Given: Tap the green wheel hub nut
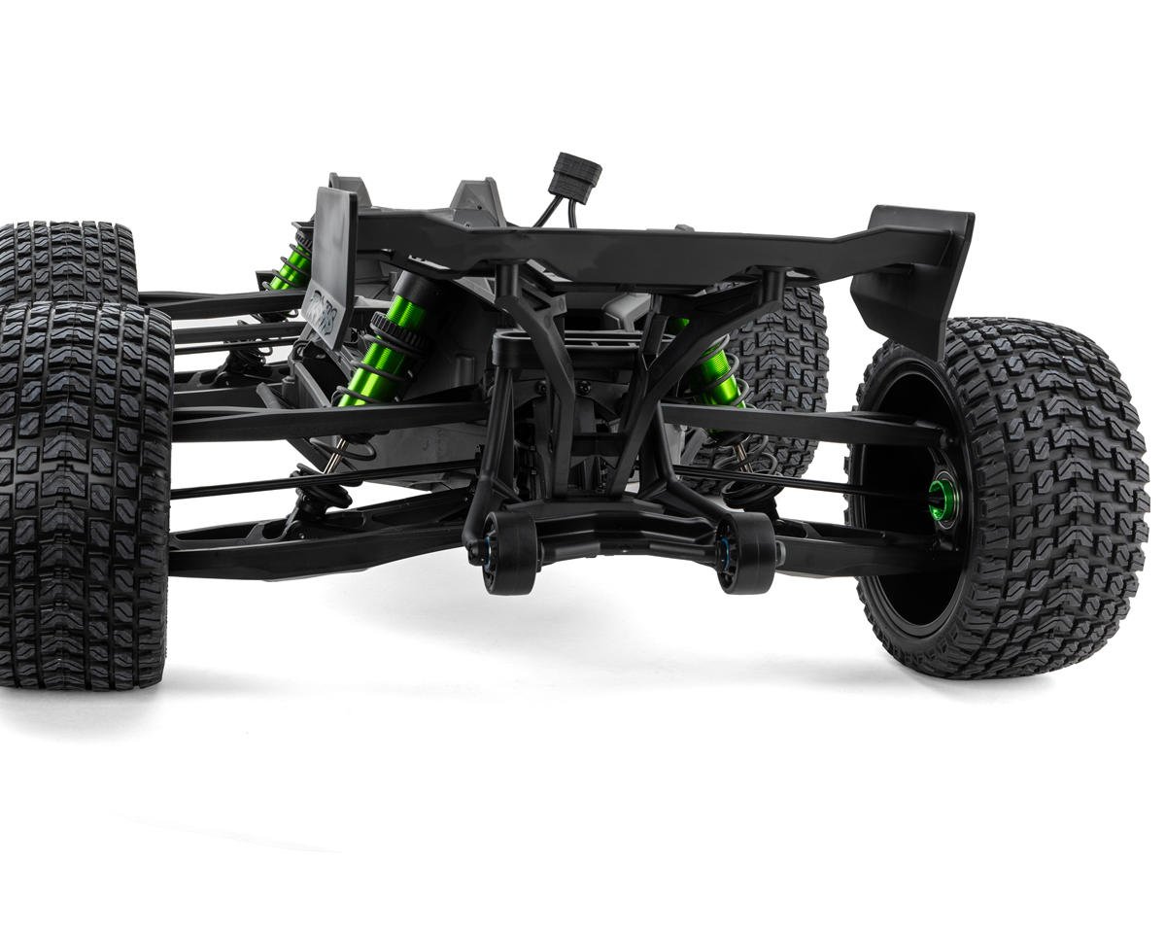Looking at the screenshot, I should (942, 497).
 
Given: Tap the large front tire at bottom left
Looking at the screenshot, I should (83, 496).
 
